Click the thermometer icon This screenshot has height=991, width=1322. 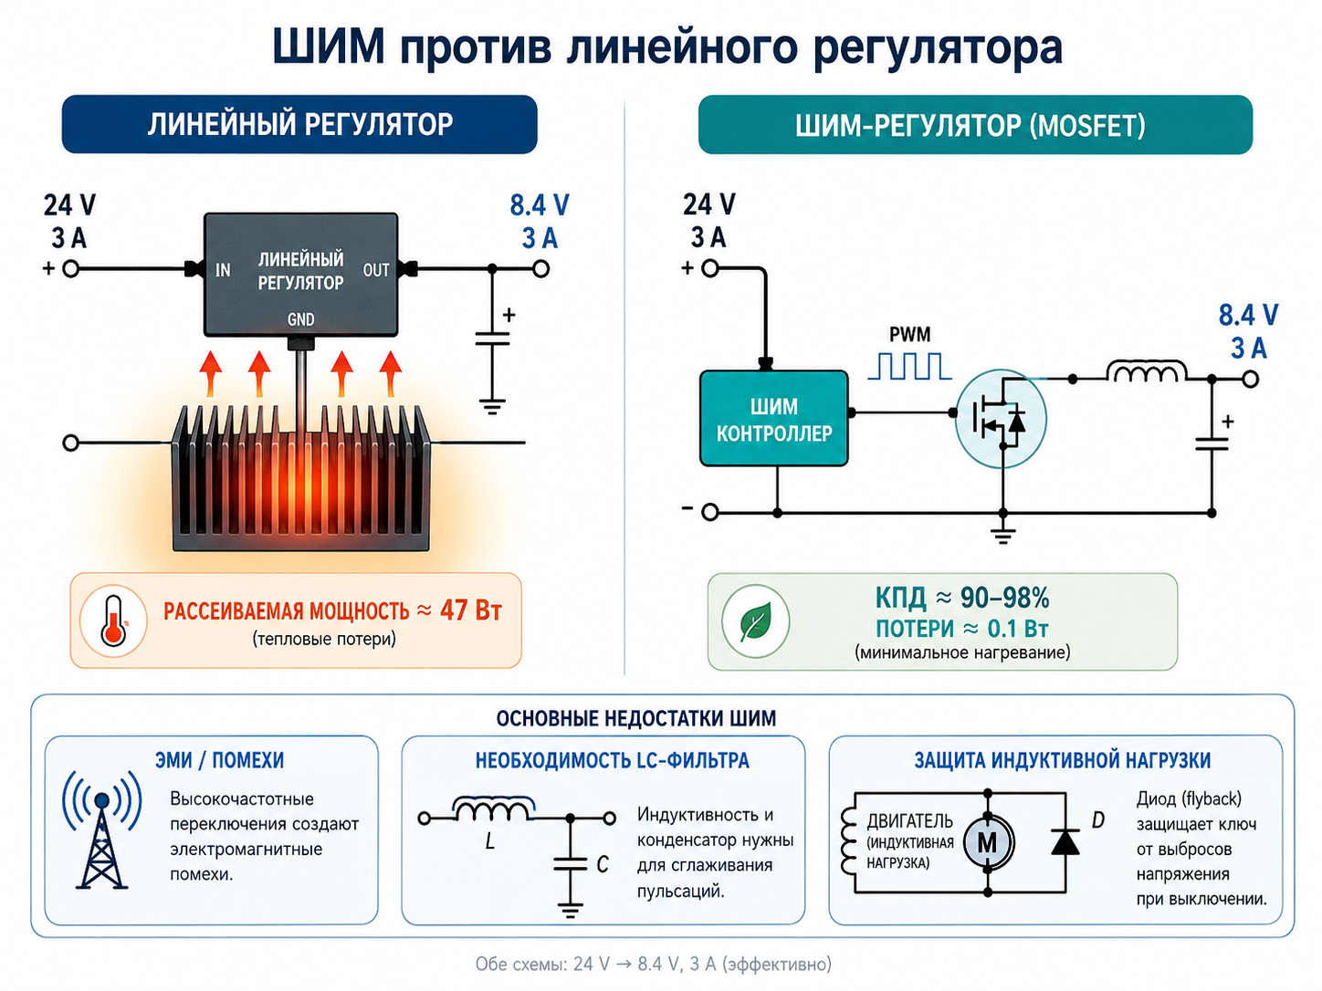113,621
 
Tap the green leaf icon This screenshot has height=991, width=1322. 755,621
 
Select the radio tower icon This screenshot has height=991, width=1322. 101,830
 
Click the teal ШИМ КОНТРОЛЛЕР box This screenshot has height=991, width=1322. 774,419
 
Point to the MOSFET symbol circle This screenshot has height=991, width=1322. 1001,419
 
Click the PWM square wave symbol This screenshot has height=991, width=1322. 909,366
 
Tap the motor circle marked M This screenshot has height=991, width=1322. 988,842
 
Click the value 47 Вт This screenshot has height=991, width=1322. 470,610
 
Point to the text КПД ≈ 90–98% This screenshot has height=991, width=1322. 962,598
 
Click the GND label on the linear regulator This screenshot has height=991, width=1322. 300,318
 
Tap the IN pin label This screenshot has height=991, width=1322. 223,270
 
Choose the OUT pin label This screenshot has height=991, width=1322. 376,270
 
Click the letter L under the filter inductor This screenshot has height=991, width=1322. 490,840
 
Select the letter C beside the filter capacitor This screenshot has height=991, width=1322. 603,865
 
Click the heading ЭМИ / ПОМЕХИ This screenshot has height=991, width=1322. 219,760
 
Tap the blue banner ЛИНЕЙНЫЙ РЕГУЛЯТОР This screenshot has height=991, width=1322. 299,124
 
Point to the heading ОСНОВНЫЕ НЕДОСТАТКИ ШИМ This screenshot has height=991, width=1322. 636,718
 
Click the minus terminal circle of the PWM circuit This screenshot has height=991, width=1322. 710,512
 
